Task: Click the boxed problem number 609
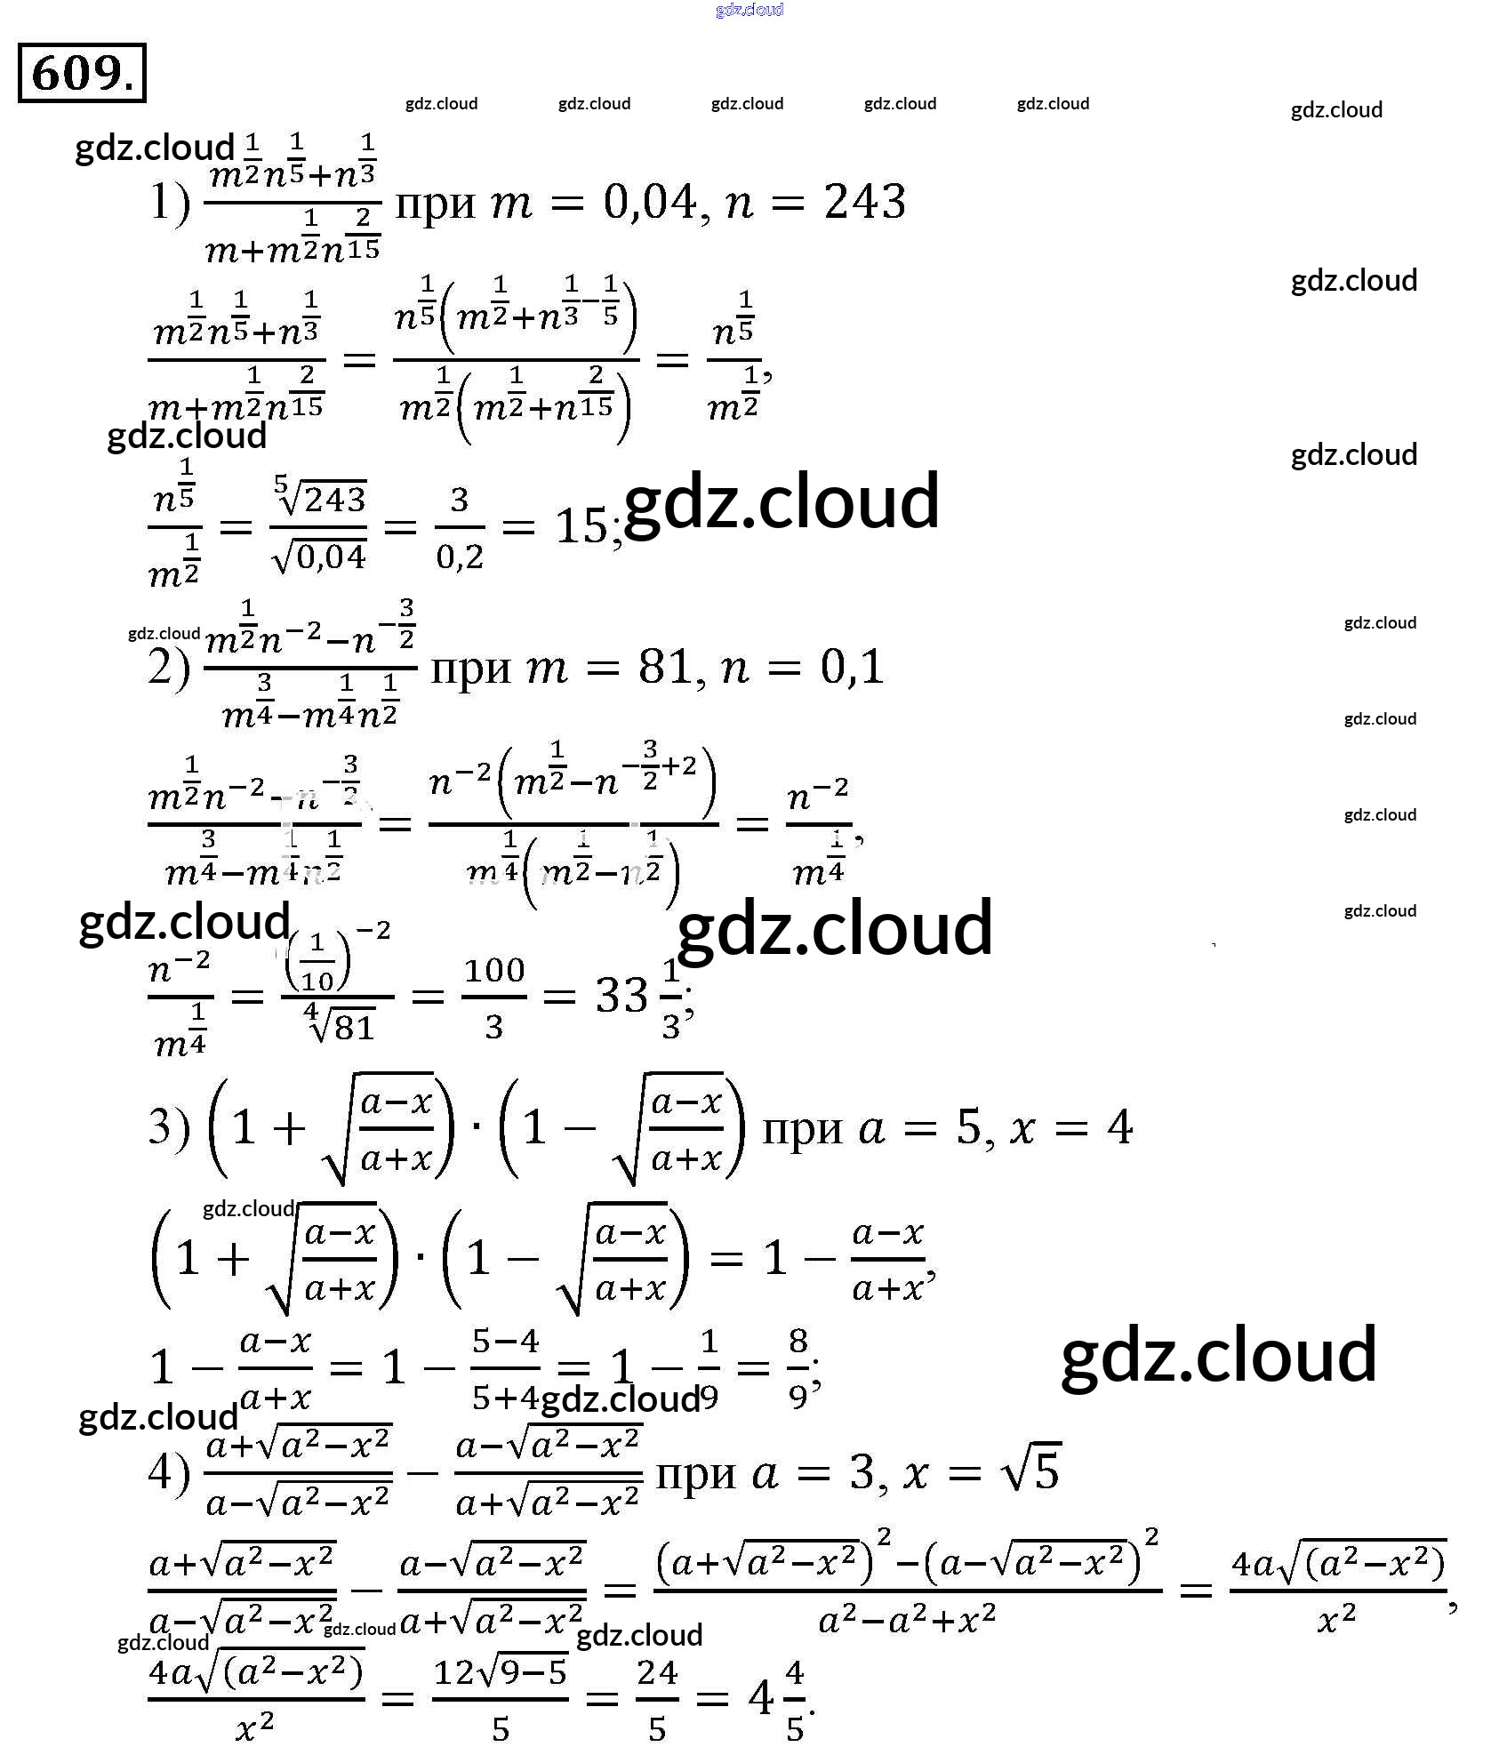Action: [x=82, y=73]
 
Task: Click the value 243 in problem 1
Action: [x=864, y=203]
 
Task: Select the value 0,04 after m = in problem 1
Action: [x=650, y=203]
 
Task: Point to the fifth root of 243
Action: [x=319, y=498]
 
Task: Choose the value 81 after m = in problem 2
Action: [x=666, y=667]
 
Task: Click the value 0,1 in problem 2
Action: [x=852, y=667]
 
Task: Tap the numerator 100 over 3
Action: [x=494, y=969]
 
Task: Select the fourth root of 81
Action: [x=339, y=1025]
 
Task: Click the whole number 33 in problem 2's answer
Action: [x=621, y=996]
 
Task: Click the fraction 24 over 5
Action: [x=657, y=1700]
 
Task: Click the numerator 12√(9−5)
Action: [x=500, y=1673]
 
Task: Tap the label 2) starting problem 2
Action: [x=169, y=669]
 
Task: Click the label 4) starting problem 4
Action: [x=169, y=1473]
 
